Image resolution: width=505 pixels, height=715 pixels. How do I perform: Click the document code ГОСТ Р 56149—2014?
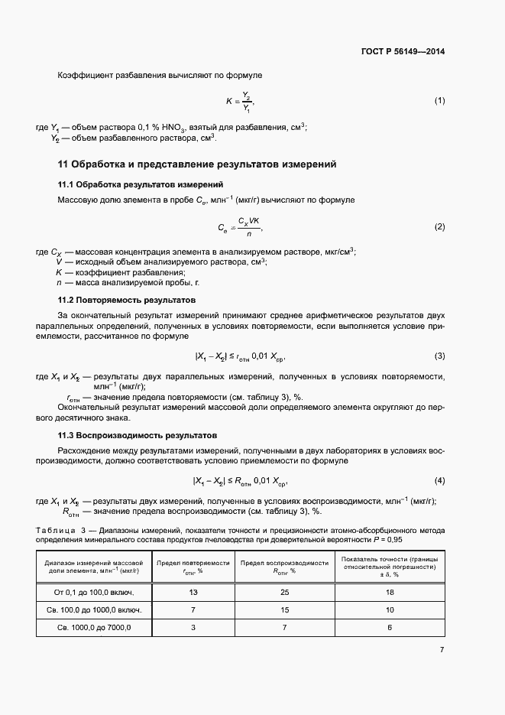point(403,52)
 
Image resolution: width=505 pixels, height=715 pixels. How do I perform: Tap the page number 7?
point(442,650)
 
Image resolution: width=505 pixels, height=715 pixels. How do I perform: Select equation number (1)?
point(439,101)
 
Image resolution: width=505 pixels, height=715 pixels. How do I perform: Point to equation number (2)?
point(439,227)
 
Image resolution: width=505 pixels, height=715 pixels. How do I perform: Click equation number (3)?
point(439,356)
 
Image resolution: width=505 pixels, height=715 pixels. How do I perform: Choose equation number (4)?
point(439,480)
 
